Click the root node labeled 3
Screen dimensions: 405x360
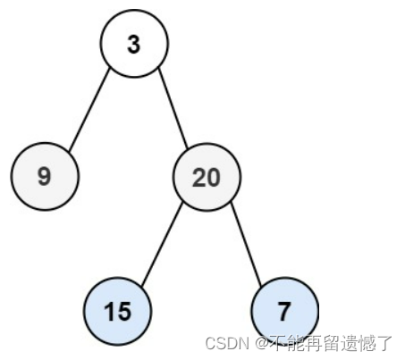pos(134,44)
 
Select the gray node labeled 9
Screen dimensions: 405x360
pos(45,176)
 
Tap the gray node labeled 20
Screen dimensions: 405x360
pos(207,177)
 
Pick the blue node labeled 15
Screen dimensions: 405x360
pos(117,311)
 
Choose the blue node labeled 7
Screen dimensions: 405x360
pos(284,311)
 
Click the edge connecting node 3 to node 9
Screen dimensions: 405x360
pos(89,110)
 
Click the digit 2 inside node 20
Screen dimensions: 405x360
pos(199,178)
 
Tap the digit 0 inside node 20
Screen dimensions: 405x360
pos(214,178)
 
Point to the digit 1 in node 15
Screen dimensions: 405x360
pos(109,311)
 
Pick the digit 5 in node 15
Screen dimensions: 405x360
pos(124,312)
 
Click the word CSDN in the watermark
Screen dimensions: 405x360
pos(227,343)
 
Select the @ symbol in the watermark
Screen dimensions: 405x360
pos(262,344)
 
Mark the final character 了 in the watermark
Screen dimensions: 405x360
pos(384,343)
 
